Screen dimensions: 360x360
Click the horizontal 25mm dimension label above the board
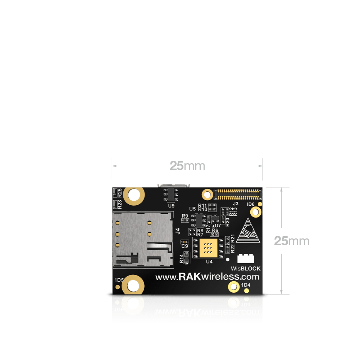[x=187, y=166]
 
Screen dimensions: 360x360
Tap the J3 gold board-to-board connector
[x=237, y=195]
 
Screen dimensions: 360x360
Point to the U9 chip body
[x=171, y=195]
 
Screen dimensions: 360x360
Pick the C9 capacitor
[x=184, y=242]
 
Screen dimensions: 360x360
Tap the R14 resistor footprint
[x=187, y=258]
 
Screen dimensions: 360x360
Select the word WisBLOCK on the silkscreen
[x=246, y=268]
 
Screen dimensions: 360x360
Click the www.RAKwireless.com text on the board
[x=207, y=277]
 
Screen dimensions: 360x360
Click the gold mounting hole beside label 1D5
[x=133, y=286]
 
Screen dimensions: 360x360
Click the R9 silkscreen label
[x=185, y=216]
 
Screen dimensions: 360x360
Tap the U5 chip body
[x=197, y=219]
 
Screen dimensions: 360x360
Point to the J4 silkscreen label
[x=177, y=231]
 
